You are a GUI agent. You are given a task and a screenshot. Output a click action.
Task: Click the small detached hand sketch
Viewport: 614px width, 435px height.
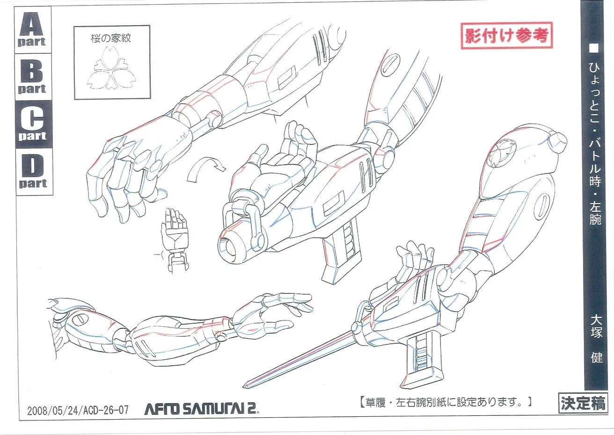pos(174,239)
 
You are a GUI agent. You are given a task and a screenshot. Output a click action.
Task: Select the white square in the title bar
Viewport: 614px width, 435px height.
pos(595,48)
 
